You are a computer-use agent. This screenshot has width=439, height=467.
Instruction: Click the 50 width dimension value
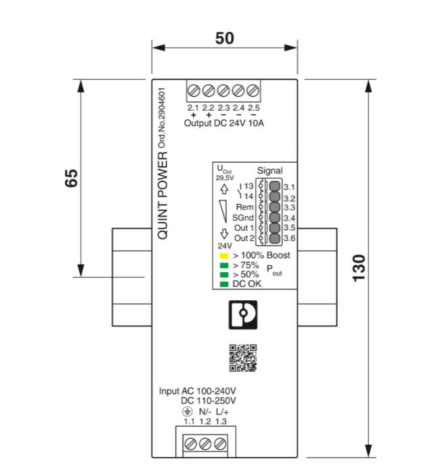pyautogui.click(x=225, y=38)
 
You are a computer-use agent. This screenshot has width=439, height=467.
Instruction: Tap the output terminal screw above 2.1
pyautogui.click(x=193, y=90)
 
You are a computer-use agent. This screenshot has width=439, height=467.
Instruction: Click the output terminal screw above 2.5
pyautogui.click(x=254, y=90)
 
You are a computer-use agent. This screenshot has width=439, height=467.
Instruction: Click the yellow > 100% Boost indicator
pyautogui.click(x=224, y=256)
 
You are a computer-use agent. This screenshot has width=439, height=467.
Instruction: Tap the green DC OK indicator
pyautogui.click(x=224, y=284)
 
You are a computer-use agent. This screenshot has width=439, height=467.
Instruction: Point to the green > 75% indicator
pyautogui.click(x=224, y=265)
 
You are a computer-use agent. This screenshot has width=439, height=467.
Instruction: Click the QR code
pyautogui.click(x=243, y=358)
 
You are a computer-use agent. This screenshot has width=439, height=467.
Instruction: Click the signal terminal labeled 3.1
pyautogui.click(x=275, y=186)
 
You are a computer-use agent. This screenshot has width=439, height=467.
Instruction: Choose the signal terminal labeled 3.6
pyautogui.click(x=275, y=238)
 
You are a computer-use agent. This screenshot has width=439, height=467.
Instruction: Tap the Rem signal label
pyautogui.click(x=244, y=207)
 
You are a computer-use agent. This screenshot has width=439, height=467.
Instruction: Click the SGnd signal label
pyautogui.click(x=242, y=217)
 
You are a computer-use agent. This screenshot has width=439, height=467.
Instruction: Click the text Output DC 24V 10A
pyautogui.click(x=224, y=123)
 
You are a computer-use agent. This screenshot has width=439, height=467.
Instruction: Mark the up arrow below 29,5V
pyautogui.click(x=224, y=191)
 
